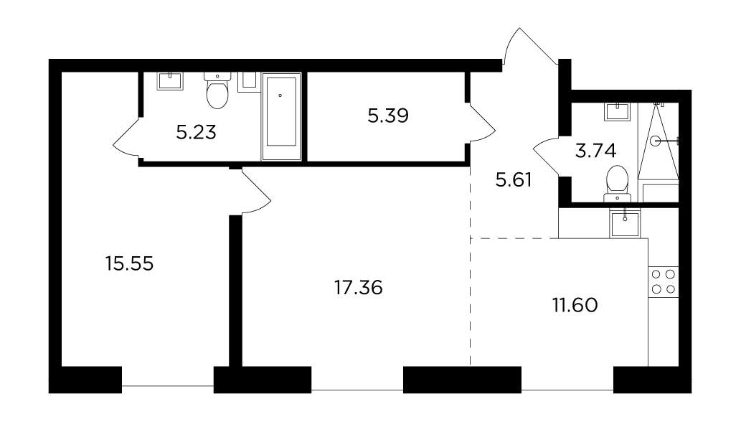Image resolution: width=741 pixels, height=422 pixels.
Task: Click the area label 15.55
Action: (130, 263)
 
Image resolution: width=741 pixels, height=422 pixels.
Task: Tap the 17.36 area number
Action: (358, 287)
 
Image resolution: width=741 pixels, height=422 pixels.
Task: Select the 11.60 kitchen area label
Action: (575, 305)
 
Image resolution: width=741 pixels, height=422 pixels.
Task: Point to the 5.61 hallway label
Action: (513, 179)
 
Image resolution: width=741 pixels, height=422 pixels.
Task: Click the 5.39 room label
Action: (388, 116)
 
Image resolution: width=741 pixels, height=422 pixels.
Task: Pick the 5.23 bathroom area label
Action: (196, 132)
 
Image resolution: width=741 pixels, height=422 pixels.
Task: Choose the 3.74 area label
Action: (595, 151)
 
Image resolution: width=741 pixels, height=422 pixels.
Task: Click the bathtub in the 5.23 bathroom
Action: (281, 116)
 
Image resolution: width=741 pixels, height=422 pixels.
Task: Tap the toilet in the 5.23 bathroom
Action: (217, 90)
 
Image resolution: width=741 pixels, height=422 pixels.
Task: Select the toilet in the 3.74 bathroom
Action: (617, 183)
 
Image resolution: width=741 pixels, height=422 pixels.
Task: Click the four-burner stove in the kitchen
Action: (664, 281)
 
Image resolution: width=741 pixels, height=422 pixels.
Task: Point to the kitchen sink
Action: (625, 223)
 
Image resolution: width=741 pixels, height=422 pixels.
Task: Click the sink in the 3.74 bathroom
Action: (617, 111)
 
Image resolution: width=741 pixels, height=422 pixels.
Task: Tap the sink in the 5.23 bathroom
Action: (170, 81)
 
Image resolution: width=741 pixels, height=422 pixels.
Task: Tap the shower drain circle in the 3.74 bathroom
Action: (655, 141)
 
